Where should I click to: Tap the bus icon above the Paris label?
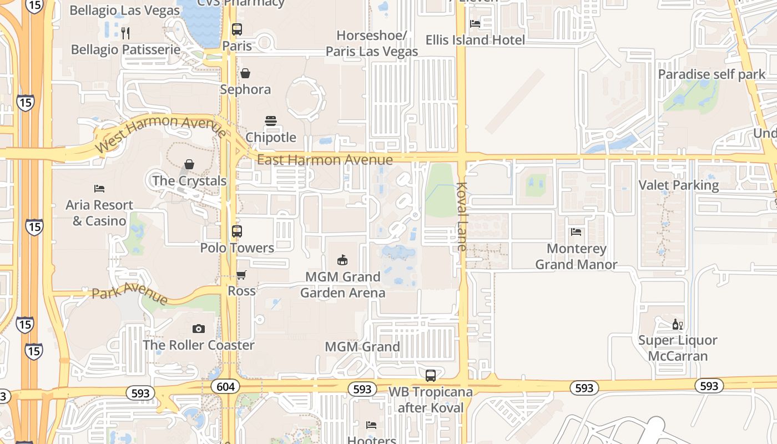point(237,29)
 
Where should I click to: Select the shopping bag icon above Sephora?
point(245,73)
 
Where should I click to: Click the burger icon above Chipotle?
point(271,121)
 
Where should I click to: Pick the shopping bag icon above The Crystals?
point(189,164)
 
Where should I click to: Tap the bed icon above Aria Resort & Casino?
point(99,189)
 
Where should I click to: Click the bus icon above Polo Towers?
point(237,231)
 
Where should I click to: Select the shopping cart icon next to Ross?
point(241,275)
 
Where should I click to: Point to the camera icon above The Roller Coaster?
point(198,329)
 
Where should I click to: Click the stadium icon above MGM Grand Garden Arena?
point(342,260)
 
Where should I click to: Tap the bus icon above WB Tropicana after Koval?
point(431,376)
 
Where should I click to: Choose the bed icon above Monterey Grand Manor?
point(576,232)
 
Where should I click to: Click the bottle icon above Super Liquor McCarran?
point(677,324)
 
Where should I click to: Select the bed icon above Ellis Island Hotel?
point(475,23)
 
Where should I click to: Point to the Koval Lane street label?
point(462,216)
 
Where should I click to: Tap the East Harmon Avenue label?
point(325,160)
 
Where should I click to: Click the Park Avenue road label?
point(130,292)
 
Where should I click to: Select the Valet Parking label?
point(678,185)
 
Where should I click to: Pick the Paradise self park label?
point(704,74)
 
